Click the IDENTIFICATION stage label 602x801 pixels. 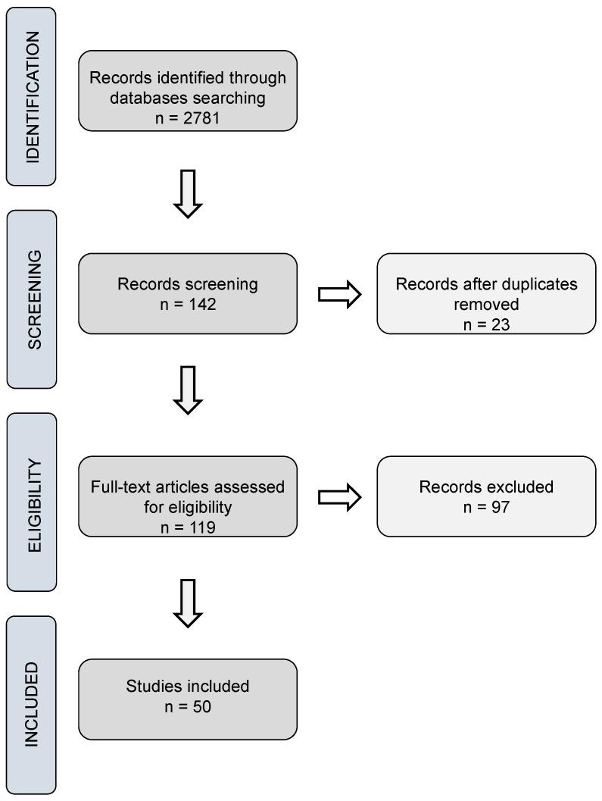[x=32, y=96]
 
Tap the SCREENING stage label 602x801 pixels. [x=32, y=299]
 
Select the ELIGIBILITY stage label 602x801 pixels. [x=32, y=502]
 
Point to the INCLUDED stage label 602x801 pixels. [x=32, y=705]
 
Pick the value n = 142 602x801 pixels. [x=188, y=303]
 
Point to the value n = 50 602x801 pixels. [x=188, y=708]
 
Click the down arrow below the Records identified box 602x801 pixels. [x=188, y=194]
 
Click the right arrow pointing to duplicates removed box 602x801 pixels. [x=337, y=294]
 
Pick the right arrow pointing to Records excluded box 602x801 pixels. [x=337, y=497]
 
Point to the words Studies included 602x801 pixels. [x=188, y=688]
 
